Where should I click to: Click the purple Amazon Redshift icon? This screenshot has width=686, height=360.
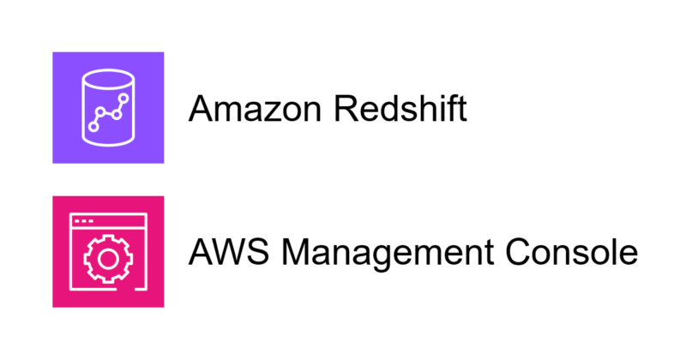tap(108, 107)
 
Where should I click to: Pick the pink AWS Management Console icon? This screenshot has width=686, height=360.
tap(108, 251)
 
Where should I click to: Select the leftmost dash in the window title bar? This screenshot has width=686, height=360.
tap(78, 220)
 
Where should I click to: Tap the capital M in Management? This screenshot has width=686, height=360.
tap(297, 253)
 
